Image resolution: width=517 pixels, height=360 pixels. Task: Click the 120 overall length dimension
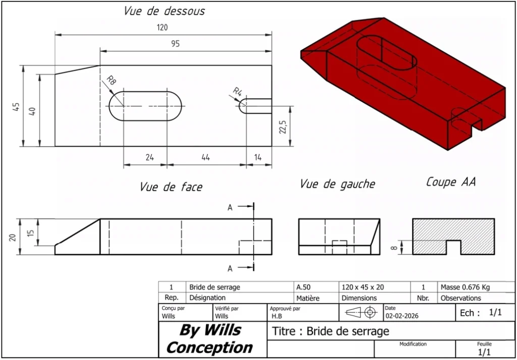pyautogui.click(x=162, y=28)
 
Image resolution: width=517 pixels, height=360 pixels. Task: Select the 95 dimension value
pyautogui.click(x=175, y=44)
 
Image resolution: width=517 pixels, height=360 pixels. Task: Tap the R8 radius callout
pyautogui.click(x=111, y=80)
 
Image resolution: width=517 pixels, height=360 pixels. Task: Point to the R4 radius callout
pyautogui.click(x=238, y=91)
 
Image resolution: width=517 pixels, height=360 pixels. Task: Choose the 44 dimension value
pyautogui.click(x=205, y=158)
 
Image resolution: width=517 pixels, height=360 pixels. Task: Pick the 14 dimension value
pyautogui.click(x=258, y=158)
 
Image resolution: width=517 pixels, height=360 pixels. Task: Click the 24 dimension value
pyautogui.click(x=149, y=158)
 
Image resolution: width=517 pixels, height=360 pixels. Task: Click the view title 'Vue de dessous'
pyautogui.click(x=165, y=11)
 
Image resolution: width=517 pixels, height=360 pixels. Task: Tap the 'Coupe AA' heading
pyautogui.click(x=451, y=182)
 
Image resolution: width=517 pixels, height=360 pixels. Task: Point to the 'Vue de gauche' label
pyautogui.click(x=337, y=184)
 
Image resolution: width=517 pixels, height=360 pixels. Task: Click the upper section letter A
pyautogui.click(x=230, y=207)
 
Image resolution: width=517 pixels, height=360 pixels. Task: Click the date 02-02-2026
pyautogui.click(x=402, y=316)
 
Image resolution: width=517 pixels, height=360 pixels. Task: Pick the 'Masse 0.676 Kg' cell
pyautogui.click(x=464, y=287)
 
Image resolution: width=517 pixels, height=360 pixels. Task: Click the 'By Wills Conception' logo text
pyautogui.click(x=210, y=339)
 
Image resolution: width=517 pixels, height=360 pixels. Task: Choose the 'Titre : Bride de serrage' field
pyautogui.click(x=331, y=331)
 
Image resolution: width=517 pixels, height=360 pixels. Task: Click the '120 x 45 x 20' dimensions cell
pyautogui.click(x=363, y=287)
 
